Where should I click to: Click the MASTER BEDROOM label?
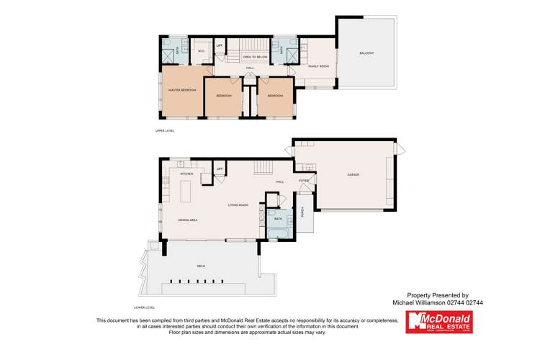coord(182,90)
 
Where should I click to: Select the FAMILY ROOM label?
coord(319,66)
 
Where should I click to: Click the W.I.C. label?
coord(202,51)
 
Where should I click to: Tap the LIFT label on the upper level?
coord(219,47)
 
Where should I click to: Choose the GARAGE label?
coord(353,175)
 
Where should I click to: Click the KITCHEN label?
coord(186,174)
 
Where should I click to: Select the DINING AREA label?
coord(188,220)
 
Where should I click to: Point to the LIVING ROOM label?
coord(238,206)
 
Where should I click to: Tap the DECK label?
coord(201,266)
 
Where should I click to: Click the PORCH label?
coord(303,212)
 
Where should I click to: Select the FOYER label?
coord(304,181)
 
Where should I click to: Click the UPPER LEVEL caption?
coord(165,131)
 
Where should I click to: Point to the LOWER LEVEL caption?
coord(145,307)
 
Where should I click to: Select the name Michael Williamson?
coord(418,303)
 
